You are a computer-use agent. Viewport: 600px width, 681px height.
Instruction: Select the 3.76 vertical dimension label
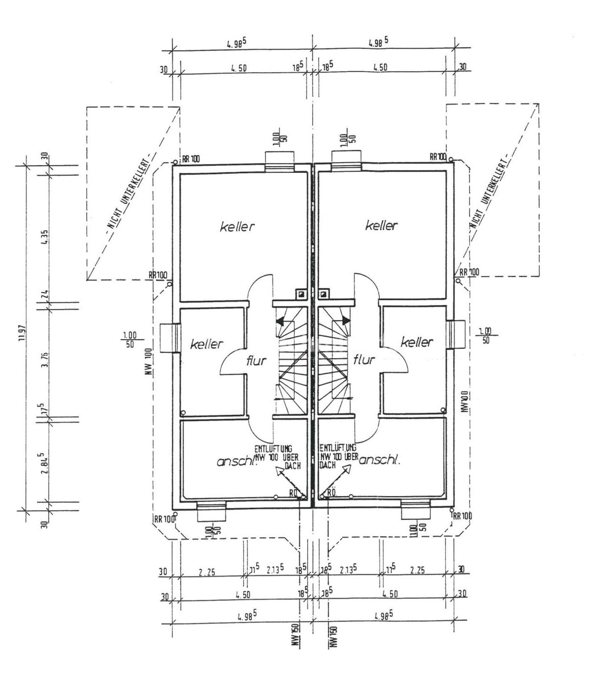pyautogui.click(x=45, y=359)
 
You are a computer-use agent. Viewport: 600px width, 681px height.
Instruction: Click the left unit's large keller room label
pyautogui.click(x=237, y=226)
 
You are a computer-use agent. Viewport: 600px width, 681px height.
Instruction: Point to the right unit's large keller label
pyautogui.click(x=382, y=225)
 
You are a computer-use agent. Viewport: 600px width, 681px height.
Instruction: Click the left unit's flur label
pyautogui.click(x=256, y=361)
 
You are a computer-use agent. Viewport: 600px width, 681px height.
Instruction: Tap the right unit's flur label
pyautogui.click(x=364, y=360)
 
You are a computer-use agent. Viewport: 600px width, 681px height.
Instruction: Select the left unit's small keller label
pyautogui.click(x=207, y=344)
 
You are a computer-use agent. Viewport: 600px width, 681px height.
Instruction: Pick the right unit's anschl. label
pyautogui.click(x=380, y=460)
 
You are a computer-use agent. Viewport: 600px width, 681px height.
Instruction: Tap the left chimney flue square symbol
pyautogui.click(x=301, y=294)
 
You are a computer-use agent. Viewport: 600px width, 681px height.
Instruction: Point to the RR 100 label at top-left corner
pyautogui.click(x=191, y=159)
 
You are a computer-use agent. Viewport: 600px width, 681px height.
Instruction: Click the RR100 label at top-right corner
pyautogui.click(x=438, y=156)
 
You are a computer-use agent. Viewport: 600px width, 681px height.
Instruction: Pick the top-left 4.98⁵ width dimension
pyautogui.click(x=237, y=44)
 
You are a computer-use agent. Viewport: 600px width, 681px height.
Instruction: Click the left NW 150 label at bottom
pyautogui.click(x=295, y=634)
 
